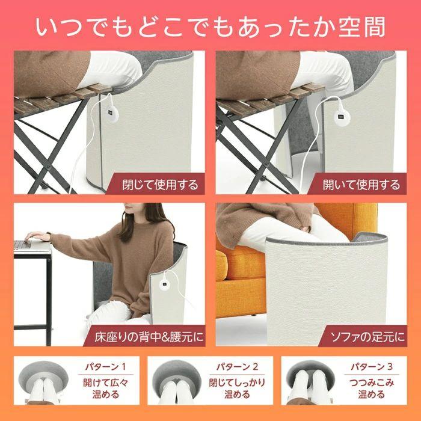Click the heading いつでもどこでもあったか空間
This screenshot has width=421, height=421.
210,27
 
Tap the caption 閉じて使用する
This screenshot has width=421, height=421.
159,183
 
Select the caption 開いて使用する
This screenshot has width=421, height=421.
361,183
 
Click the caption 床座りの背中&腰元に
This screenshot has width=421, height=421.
147,336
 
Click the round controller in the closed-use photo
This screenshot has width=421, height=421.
109,113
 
